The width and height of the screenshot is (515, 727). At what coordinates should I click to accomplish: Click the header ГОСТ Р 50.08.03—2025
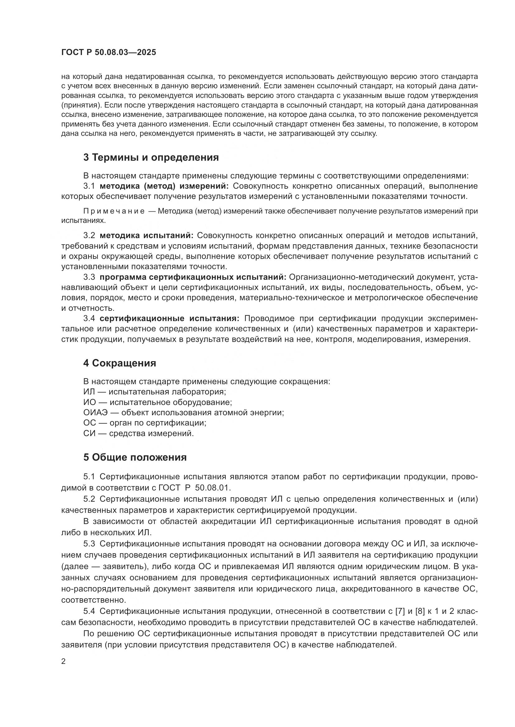pos(108,52)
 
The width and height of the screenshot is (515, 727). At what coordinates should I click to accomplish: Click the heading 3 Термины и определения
pos(151,157)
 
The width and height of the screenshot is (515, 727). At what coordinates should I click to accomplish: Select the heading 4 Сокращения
pos(120,363)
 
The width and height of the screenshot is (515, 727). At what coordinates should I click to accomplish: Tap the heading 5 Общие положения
pos(135,457)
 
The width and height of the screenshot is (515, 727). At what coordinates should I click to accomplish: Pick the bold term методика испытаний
pos(147,235)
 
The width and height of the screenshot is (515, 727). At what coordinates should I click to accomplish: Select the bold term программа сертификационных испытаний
pos(193,277)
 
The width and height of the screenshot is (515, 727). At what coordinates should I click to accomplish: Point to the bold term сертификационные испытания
pos(170,318)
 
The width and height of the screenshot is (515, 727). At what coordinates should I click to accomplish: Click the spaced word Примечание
pos(114,211)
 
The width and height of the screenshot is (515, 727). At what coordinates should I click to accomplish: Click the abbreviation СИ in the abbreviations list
pos(89,433)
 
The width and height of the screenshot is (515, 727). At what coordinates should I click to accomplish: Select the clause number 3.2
pos(89,235)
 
